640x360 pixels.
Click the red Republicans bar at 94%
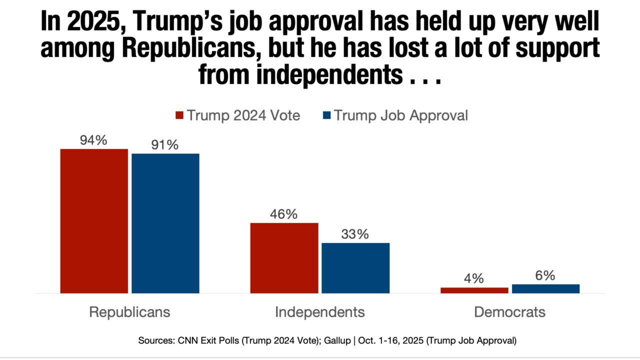(x=94, y=220)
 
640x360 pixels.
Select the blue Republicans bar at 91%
(x=165, y=223)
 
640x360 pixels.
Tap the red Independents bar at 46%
(x=284, y=257)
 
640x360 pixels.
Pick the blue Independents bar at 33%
(x=355, y=267)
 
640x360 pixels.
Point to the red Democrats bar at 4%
(x=474, y=290)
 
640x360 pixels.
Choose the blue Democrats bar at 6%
(x=545, y=288)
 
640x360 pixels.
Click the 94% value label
(x=94, y=140)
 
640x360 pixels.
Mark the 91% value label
(x=165, y=145)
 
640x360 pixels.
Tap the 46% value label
(x=284, y=214)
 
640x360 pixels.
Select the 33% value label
(x=355, y=234)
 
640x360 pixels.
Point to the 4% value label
(x=474, y=278)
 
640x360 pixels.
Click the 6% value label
(x=545, y=275)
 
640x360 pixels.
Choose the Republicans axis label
(x=129, y=312)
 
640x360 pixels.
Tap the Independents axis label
(x=320, y=312)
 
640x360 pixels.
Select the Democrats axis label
(x=509, y=312)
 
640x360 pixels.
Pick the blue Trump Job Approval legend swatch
(x=326, y=116)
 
